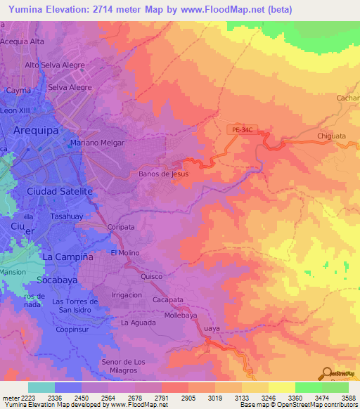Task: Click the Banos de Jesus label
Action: [x=164, y=174]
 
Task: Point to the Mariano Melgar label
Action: [x=97, y=143]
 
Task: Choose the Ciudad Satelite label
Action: [x=59, y=191]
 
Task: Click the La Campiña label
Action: [x=69, y=257]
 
